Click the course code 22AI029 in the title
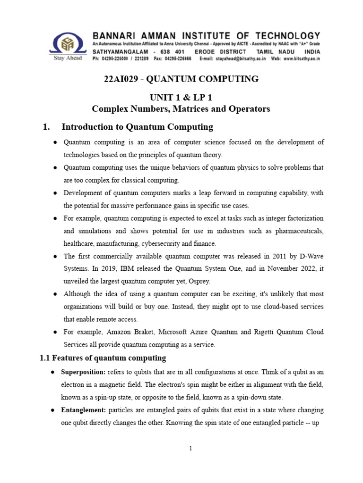[119, 79]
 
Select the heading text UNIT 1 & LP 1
[181, 98]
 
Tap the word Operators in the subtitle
[250, 109]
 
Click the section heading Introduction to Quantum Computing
[137, 127]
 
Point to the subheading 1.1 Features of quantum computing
[103, 358]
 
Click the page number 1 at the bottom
[190, 449]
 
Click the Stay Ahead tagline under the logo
[68, 58]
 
